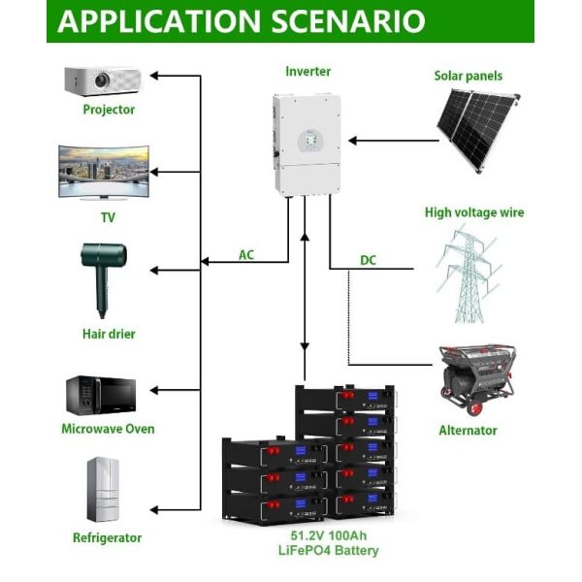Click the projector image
tap(102, 80)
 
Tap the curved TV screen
tap(105, 172)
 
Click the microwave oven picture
tap(101, 394)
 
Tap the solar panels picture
tap(476, 124)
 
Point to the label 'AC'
tap(246, 255)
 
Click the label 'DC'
tap(368, 260)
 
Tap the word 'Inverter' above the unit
tap(307, 72)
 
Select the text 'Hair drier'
tap(109, 334)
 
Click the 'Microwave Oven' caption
tap(108, 429)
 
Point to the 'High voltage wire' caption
tap(474, 211)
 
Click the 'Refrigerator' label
tap(107, 537)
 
